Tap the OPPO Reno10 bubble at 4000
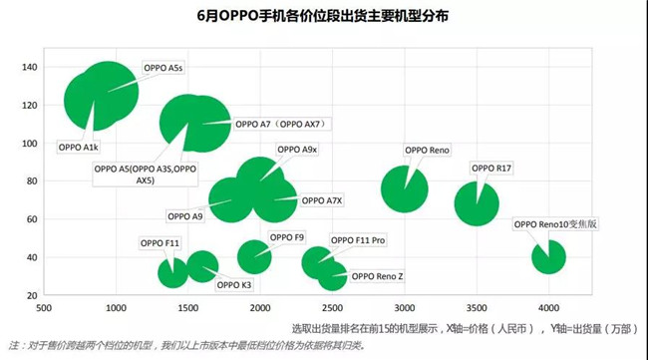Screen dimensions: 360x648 pyautogui.click(x=549, y=256)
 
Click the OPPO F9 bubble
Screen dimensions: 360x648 pyautogui.click(x=254, y=256)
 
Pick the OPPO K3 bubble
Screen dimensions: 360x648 pyautogui.click(x=202, y=266)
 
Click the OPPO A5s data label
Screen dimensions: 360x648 pyautogui.click(x=162, y=68)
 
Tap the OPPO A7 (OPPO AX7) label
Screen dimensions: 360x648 pyautogui.click(x=283, y=125)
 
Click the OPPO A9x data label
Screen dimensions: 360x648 pyautogui.click(x=297, y=150)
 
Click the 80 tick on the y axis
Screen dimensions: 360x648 pyautogui.click(x=30, y=180)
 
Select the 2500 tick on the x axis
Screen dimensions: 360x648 pyautogui.click(x=332, y=306)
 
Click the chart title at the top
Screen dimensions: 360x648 pyautogui.click(x=323, y=17)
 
